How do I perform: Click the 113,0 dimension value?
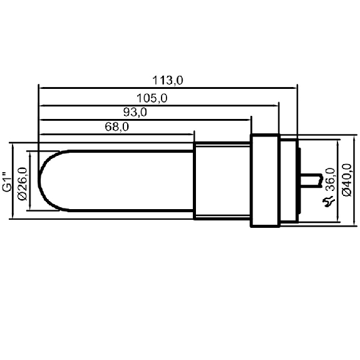point(168,81)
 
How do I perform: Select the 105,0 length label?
point(152,98)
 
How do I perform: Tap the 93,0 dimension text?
point(135,113)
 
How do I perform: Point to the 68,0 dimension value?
point(117,126)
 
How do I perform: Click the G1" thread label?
point(7,182)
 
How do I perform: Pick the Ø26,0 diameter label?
point(23,184)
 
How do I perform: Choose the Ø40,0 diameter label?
point(347,180)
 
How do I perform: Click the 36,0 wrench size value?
point(331,179)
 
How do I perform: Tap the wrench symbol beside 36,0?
point(329,202)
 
